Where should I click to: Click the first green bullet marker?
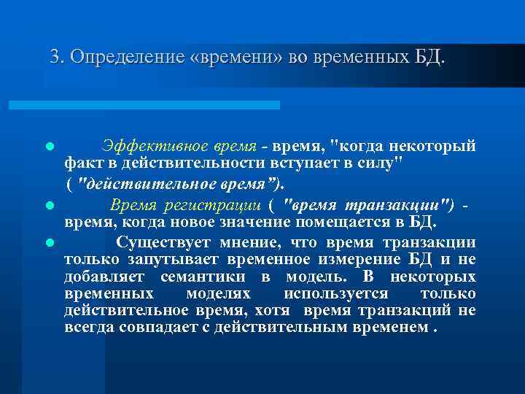click(x=49, y=147)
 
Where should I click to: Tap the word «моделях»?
click(x=218, y=293)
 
